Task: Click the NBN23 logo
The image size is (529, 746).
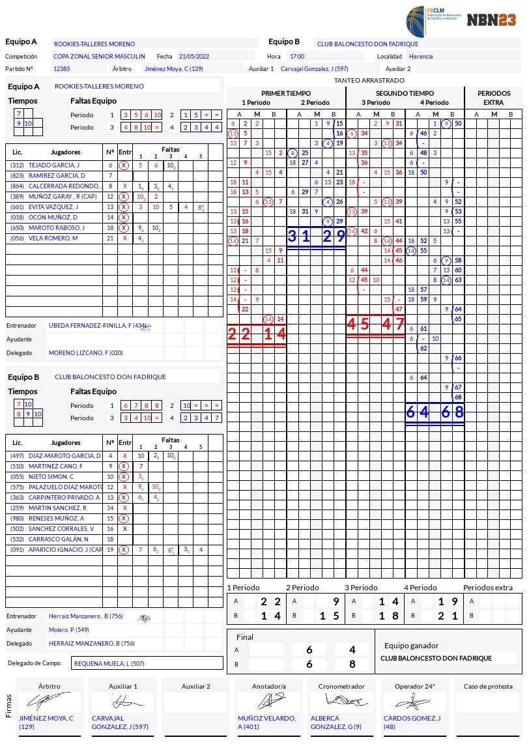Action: point(491,20)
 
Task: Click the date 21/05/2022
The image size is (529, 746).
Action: point(192,57)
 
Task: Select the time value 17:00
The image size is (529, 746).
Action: point(297,57)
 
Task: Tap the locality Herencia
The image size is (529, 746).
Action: point(421,57)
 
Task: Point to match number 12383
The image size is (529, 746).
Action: point(62,68)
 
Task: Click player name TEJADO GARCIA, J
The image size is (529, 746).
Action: point(54,165)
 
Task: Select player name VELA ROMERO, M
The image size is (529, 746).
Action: point(53,238)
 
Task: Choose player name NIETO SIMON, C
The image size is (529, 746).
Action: point(51,476)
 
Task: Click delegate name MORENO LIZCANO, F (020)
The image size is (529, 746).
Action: point(86,352)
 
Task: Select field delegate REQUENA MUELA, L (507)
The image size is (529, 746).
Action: point(109,663)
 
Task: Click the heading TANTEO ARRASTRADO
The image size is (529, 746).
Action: point(369,80)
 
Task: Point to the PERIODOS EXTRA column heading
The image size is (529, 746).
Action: point(493,98)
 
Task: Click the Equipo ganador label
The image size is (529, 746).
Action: point(411,646)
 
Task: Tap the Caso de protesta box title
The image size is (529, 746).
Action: point(488,686)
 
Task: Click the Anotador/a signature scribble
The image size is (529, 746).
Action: point(269,701)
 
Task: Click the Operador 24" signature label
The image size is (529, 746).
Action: point(414,686)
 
